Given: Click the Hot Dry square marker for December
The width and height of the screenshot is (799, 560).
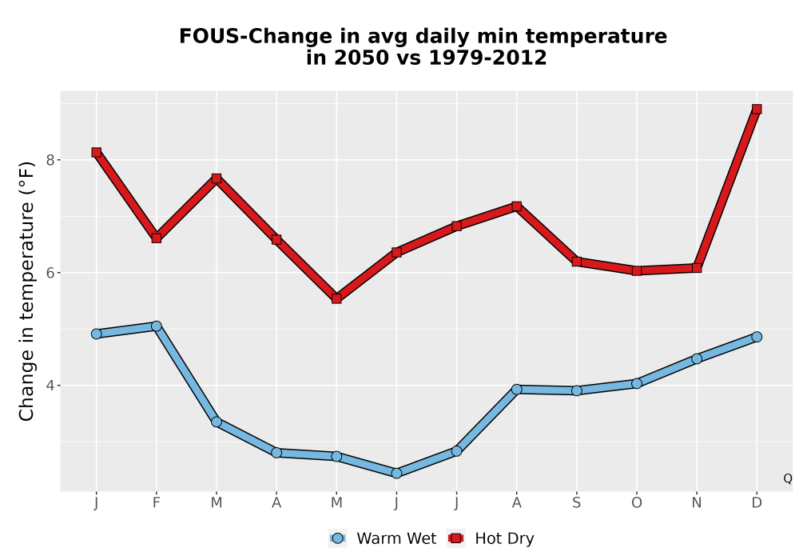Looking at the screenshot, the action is (x=757, y=109).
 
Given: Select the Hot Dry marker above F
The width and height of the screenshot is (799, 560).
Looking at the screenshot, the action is (x=157, y=238).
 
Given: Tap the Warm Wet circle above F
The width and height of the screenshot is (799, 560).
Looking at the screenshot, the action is (x=157, y=326).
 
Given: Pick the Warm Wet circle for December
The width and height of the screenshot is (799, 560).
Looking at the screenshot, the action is (x=757, y=337).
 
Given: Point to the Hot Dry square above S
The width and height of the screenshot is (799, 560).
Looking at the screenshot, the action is (x=576, y=262).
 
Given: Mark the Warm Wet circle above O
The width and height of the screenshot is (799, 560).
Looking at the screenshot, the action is (x=637, y=383).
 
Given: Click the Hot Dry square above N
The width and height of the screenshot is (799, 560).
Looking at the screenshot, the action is (x=697, y=268).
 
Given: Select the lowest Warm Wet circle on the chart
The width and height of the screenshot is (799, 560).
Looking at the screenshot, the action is (x=396, y=474).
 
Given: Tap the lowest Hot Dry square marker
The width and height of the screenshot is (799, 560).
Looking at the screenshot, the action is (x=336, y=299).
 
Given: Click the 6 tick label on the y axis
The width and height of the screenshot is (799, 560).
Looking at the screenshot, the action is (x=50, y=273).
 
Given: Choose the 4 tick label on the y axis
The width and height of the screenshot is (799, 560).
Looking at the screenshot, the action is (x=50, y=386).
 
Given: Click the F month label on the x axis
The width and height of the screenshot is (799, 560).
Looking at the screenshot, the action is (x=157, y=503).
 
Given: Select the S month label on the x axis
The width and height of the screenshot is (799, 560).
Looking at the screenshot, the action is (x=576, y=503).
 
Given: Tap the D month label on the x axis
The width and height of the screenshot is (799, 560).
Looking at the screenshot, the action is (x=757, y=503).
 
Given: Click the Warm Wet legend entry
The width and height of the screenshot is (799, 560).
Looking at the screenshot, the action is (x=383, y=538).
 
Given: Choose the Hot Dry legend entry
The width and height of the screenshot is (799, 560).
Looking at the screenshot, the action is (x=491, y=538).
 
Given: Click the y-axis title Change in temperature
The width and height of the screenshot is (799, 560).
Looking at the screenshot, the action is (x=26, y=291).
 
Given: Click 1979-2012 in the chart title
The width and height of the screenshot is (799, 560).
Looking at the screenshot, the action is (x=487, y=58).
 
